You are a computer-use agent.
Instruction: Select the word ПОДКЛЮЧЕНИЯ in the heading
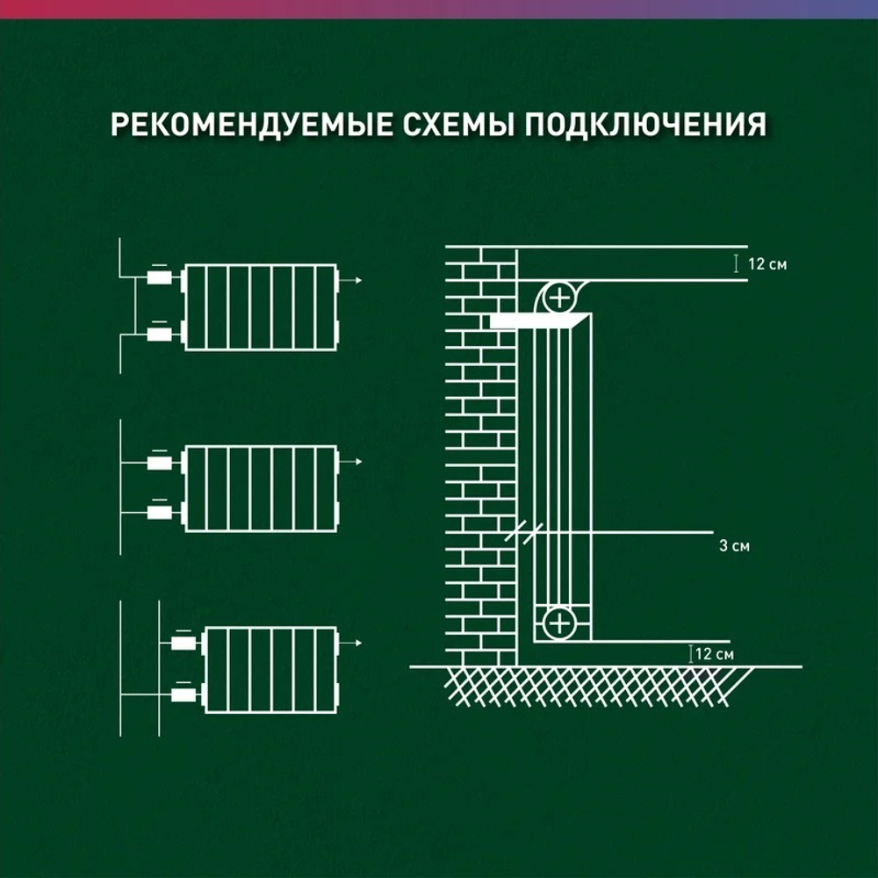coord(645,125)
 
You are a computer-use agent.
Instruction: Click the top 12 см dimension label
coord(767,263)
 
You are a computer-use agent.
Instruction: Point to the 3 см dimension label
coord(734,546)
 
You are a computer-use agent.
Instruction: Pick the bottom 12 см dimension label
coord(713,654)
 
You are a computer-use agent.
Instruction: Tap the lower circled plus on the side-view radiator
coord(558,624)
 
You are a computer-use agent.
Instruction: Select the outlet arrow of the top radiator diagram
coord(351,281)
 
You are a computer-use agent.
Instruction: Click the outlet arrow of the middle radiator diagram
coord(351,462)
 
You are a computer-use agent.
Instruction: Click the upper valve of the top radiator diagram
coord(159,278)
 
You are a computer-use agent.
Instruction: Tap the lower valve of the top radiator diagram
coord(159,334)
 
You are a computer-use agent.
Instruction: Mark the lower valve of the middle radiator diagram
coord(159,512)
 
